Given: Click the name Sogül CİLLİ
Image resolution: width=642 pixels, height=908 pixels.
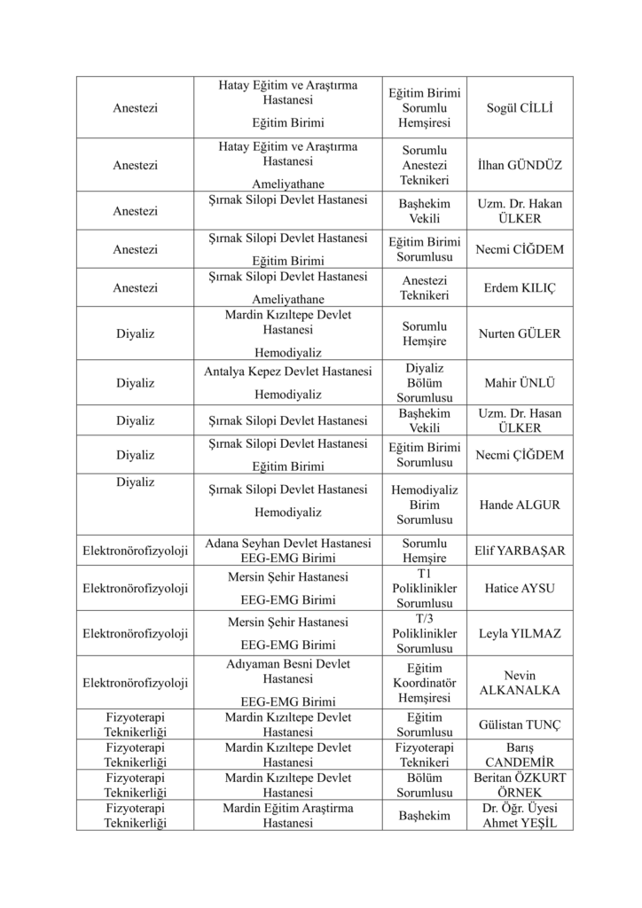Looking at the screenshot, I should point(520,107).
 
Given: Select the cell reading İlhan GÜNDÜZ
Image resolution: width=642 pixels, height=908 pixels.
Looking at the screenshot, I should point(520,165).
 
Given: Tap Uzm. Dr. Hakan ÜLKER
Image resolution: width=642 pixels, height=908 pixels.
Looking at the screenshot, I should point(520,211).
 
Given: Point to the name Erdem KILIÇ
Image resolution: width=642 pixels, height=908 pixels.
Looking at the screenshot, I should point(520,288).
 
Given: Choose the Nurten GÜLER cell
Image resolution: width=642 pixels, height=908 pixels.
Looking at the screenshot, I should point(520,333).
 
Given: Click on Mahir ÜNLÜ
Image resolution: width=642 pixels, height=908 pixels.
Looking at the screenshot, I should point(520,383).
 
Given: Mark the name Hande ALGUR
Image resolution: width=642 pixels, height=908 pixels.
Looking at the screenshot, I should point(520,505).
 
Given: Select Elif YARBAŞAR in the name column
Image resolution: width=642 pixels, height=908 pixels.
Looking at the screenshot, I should point(520,550).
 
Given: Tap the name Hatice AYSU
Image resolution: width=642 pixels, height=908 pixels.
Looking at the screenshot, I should point(520,587).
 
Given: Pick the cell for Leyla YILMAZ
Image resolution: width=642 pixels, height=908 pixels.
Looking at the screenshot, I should point(520,633).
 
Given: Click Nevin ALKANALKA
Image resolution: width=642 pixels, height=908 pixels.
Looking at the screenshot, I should point(520,683).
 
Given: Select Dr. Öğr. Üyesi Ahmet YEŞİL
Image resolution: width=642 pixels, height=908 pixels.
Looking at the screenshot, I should point(520,815).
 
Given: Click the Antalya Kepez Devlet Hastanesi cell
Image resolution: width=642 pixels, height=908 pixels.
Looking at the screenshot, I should point(288,382).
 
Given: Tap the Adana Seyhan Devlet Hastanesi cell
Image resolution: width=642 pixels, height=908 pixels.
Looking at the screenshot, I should point(288,550).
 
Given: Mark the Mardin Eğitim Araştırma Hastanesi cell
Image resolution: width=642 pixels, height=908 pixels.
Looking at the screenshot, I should point(288,815).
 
